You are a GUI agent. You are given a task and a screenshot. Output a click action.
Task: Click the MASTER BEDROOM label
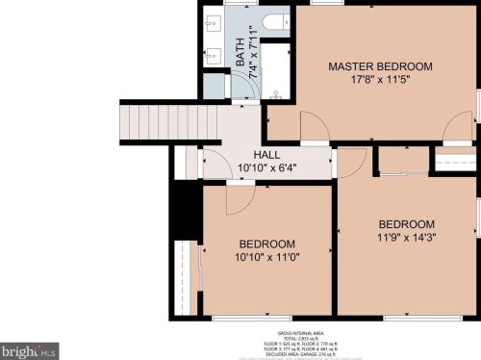click(x=380, y=66)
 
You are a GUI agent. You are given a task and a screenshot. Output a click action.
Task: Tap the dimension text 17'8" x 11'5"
click(x=380, y=81)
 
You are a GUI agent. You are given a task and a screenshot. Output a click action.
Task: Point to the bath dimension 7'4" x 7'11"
click(x=252, y=50)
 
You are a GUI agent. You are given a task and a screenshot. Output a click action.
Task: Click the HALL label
click(x=266, y=155)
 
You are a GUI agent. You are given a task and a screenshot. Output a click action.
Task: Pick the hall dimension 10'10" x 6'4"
click(x=266, y=168)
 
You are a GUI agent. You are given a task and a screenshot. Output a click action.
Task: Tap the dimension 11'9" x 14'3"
click(x=406, y=237)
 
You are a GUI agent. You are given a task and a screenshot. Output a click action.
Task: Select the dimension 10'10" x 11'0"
click(x=266, y=258)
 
